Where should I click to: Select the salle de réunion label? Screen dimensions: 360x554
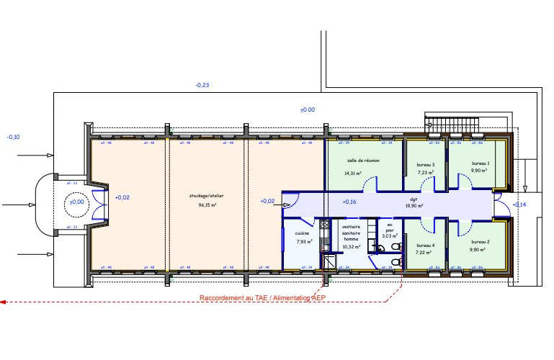point(362,161)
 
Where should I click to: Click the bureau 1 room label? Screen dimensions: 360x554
point(481,163)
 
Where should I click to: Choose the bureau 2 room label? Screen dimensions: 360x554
point(481,241)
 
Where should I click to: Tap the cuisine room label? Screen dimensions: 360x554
point(302,233)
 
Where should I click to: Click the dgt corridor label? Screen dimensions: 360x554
point(414,199)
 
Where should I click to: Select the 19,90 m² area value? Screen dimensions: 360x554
point(414,206)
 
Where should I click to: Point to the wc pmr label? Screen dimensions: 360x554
point(390,227)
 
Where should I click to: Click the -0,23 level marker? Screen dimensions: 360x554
point(202,86)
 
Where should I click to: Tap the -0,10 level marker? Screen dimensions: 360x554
point(14,137)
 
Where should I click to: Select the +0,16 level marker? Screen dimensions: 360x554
point(349,202)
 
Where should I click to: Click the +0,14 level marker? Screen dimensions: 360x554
point(520,205)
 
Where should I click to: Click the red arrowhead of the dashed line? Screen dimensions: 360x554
point(3,302)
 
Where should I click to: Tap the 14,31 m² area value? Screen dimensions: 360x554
point(352,174)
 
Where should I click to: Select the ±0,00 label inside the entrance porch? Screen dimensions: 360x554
point(76,202)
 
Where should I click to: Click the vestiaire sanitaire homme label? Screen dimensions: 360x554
point(351,234)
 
